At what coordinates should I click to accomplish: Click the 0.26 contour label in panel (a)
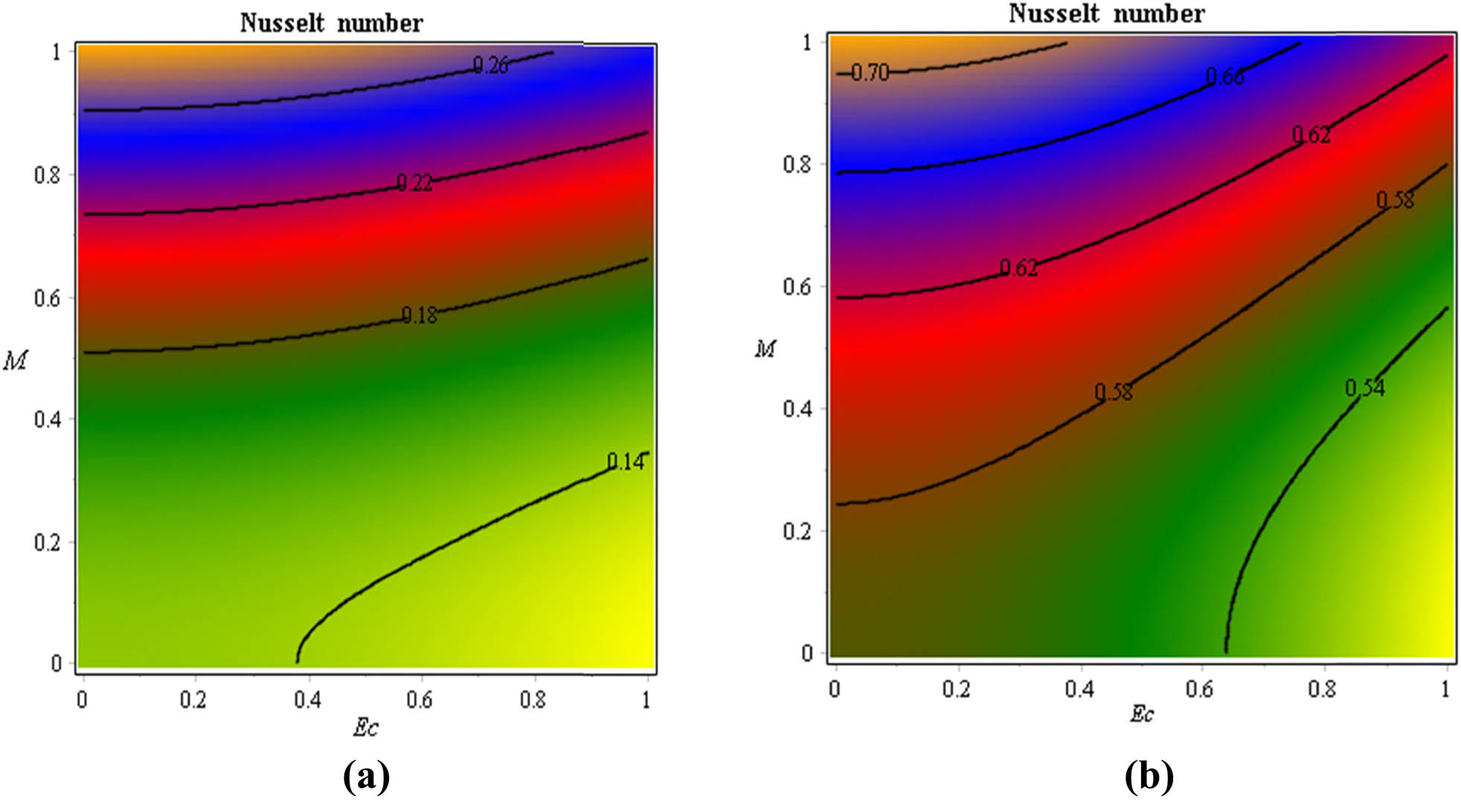pos(491,65)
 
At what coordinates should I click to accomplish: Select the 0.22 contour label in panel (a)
pos(414,182)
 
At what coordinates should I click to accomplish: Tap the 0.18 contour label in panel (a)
pos(420,315)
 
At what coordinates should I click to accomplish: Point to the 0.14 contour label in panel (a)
pos(626,462)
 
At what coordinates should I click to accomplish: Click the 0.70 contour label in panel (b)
pos(870,72)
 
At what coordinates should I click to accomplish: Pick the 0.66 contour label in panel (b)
pos(1224,77)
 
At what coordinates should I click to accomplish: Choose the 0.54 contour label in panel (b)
pos(1365,387)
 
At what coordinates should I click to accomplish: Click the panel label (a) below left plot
pos(366,778)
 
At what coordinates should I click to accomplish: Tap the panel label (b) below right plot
pos(1149,778)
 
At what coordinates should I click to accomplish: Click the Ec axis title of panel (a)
pos(365,727)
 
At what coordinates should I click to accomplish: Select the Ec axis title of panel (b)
pos(1142,715)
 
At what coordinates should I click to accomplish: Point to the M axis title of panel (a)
pos(15,361)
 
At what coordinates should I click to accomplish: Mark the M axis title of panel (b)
pos(765,348)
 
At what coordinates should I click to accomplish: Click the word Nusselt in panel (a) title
pos(282,23)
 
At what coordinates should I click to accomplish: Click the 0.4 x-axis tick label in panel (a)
pos(307,700)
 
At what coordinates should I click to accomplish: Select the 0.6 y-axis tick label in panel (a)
pos(48,298)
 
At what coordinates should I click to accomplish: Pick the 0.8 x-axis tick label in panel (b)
pos(1322,689)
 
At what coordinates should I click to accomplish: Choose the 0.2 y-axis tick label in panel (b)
pos(797,531)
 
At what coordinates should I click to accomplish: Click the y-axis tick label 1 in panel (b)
pos(807,42)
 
